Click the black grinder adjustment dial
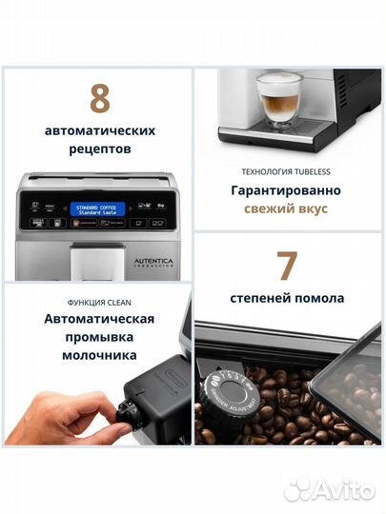(x=228, y=393)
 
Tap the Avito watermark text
(x=344, y=490)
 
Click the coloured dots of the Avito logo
(x=298, y=489)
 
